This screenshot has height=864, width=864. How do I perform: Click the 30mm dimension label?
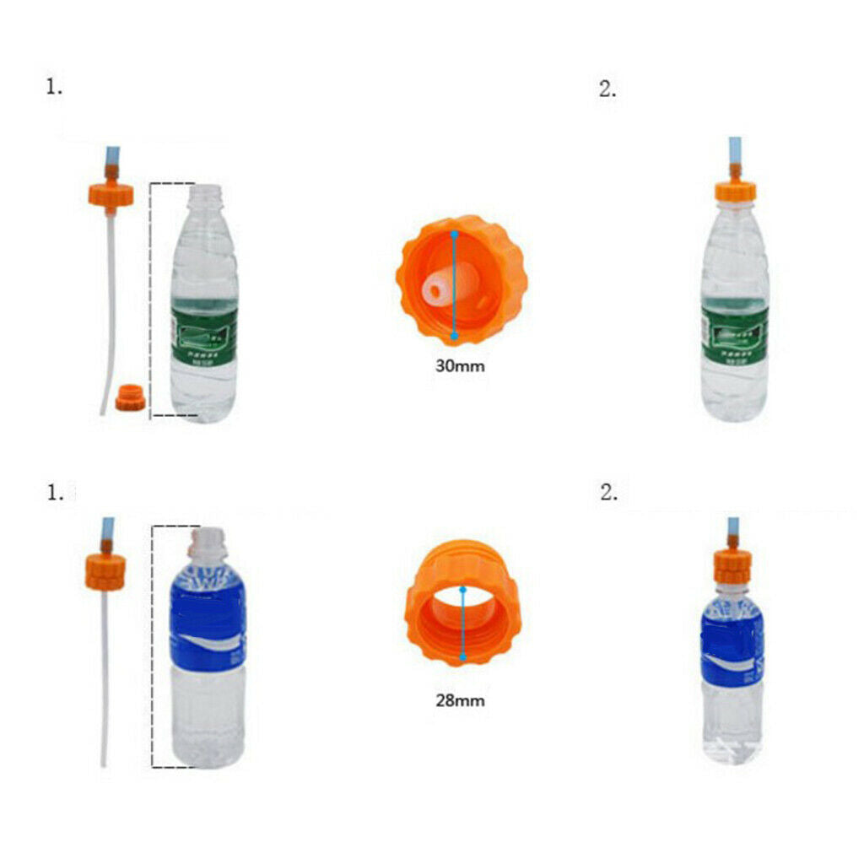tap(461, 367)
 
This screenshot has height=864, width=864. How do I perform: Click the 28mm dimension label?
tap(461, 700)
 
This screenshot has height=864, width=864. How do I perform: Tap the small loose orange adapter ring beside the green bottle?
tap(131, 397)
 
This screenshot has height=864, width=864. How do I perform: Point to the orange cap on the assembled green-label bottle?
tap(735, 191)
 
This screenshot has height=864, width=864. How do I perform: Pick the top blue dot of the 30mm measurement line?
tap(454, 232)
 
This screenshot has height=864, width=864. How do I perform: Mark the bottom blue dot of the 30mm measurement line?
tap(454, 336)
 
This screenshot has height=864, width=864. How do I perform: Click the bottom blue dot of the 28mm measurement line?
tap(462, 657)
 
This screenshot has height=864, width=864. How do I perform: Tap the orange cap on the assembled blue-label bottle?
tap(733, 564)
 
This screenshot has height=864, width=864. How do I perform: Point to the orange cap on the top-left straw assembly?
tap(111, 195)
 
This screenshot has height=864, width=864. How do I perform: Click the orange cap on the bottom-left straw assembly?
tap(105, 571)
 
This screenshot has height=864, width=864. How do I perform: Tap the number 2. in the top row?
tap(607, 90)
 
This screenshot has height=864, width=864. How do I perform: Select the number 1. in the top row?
tap(54, 86)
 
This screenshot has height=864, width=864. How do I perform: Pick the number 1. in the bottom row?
tap(54, 494)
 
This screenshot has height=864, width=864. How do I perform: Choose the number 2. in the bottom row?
tap(608, 494)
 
